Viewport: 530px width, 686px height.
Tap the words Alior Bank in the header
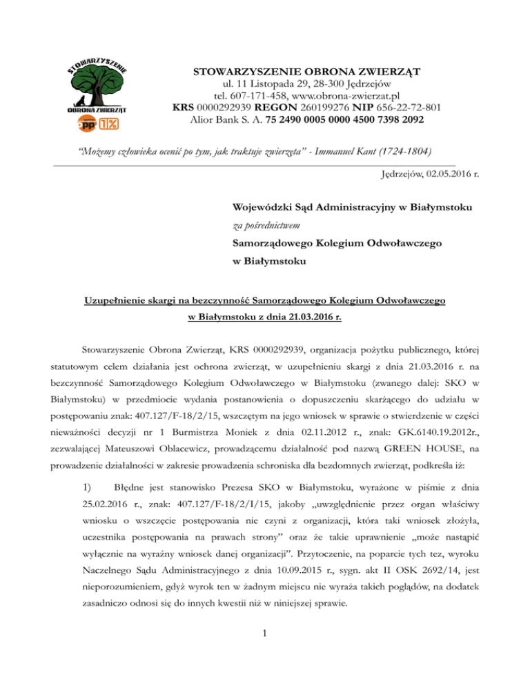(x=215, y=120)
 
